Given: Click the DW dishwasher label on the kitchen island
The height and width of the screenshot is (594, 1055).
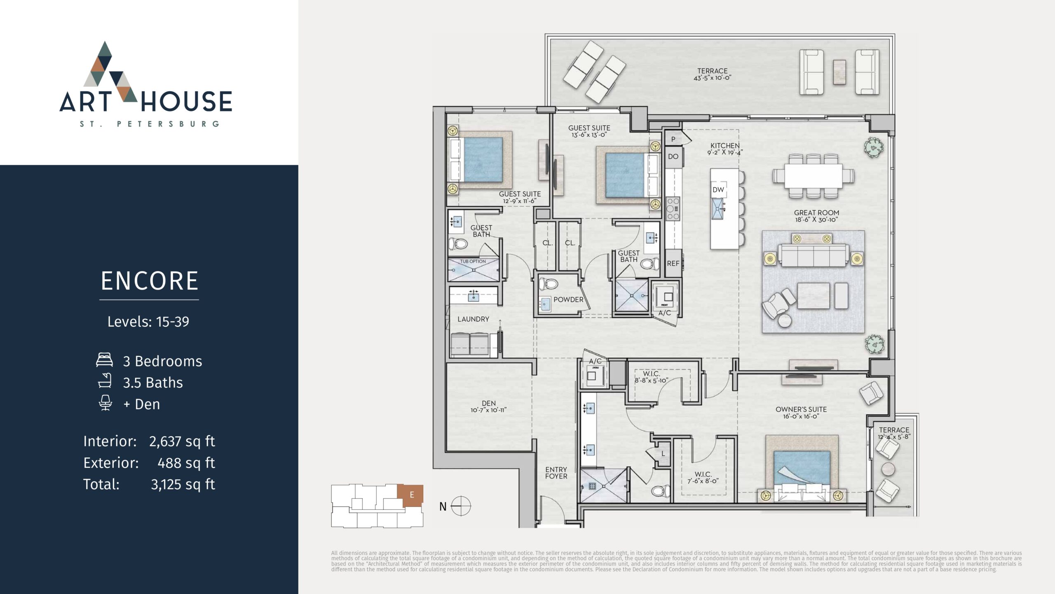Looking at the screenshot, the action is click(718, 190).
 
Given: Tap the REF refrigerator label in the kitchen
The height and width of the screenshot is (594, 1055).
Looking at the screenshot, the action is click(673, 263).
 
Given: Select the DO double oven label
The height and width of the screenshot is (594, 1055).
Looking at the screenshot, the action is click(673, 156).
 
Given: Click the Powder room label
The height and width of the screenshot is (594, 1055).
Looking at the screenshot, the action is click(568, 299).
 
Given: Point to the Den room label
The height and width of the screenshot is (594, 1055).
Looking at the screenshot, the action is click(489, 403).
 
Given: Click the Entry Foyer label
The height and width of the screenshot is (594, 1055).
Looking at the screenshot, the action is click(556, 473).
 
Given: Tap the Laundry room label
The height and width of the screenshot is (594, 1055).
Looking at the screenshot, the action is click(473, 319).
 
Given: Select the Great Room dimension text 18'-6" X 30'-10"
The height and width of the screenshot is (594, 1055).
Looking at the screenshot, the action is click(816, 220).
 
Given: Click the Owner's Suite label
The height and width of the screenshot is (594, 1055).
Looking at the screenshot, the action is click(801, 409).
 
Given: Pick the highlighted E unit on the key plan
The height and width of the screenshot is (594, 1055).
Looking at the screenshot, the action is click(410, 495).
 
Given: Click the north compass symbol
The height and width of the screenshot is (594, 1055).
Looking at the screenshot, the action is click(460, 506).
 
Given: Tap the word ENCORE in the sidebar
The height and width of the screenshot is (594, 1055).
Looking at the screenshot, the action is click(150, 281).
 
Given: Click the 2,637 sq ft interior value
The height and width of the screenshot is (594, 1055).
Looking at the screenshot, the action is click(182, 441).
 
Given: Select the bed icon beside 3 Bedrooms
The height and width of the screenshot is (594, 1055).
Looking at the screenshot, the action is click(104, 360).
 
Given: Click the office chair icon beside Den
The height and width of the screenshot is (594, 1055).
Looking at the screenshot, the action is click(105, 403).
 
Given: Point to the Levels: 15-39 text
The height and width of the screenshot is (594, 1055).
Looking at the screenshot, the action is click(148, 322).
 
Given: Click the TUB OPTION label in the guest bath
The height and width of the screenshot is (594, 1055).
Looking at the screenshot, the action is click(473, 262).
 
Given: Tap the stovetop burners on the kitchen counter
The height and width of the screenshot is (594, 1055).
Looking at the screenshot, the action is click(673, 209).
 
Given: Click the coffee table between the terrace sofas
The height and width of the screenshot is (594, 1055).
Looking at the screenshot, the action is click(839, 73).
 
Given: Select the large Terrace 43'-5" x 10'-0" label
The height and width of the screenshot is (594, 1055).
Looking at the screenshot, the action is click(713, 74).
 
